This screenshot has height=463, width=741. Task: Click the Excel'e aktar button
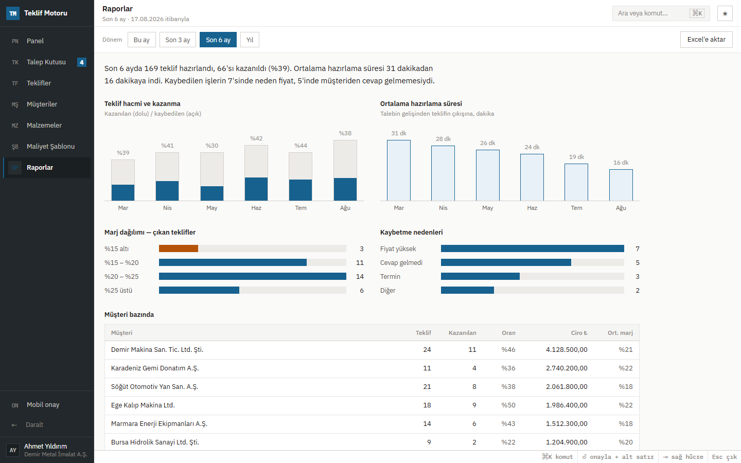click(706, 40)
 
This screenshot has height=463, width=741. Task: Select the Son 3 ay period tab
click(178, 40)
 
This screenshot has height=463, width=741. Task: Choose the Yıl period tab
click(250, 40)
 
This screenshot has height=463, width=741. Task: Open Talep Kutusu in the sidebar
click(47, 62)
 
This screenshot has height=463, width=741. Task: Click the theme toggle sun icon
click(725, 13)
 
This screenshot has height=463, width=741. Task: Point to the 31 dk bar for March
click(399, 170)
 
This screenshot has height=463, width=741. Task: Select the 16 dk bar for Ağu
click(621, 185)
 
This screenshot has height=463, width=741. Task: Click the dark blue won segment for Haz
click(256, 189)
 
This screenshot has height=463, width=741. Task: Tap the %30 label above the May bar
click(211, 146)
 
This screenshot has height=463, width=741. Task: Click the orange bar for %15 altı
click(178, 248)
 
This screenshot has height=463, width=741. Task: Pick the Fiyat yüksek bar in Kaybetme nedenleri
click(532, 248)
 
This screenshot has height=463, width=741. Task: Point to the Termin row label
click(390, 276)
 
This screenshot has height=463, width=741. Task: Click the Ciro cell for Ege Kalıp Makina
click(567, 405)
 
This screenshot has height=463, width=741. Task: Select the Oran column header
click(508, 333)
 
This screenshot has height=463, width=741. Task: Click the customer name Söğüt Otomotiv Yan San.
click(154, 387)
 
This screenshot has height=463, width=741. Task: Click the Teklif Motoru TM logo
click(12, 13)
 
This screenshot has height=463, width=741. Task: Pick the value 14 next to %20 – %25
click(360, 276)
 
